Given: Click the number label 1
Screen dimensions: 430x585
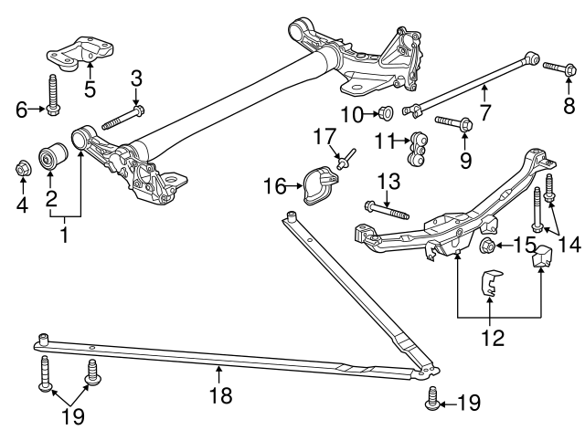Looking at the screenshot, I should (x=64, y=236).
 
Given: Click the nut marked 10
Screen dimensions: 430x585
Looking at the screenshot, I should (x=387, y=113).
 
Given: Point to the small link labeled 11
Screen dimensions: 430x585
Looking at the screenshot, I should (x=421, y=150).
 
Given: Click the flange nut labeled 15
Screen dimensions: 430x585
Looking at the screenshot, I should (x=485, y=246).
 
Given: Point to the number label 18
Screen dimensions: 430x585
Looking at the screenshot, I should (x=219, y=395).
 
